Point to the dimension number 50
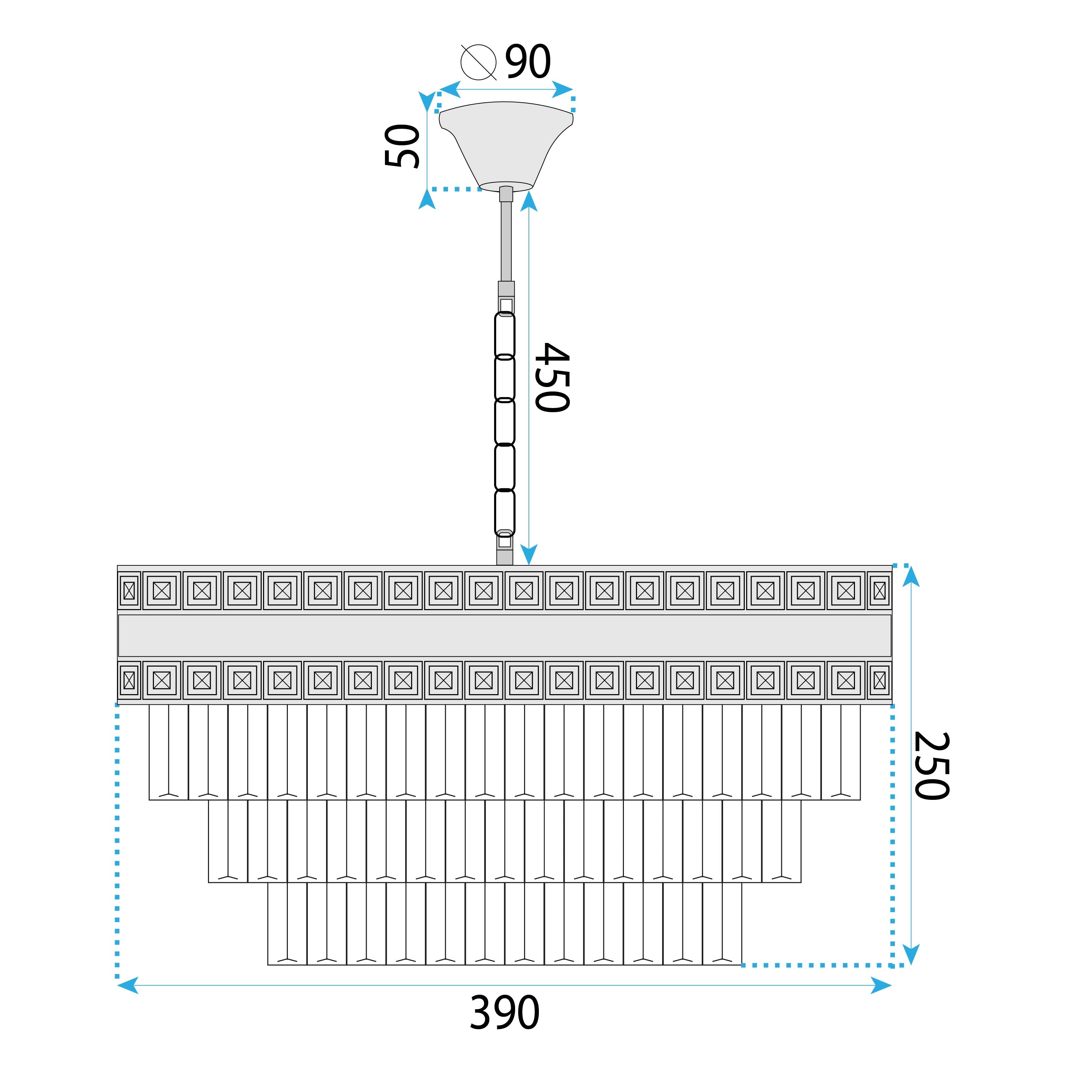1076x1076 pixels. coord(402,146)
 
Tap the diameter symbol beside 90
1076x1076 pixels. coord(478,62)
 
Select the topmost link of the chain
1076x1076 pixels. coord(504,334)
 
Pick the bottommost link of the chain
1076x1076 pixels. coord(504,512)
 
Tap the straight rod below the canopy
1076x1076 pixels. coord(506,240)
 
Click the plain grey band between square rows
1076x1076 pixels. coord(504,636)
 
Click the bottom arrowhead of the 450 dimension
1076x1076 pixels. coord(529,555)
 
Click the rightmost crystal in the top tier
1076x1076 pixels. coord(840,752)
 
